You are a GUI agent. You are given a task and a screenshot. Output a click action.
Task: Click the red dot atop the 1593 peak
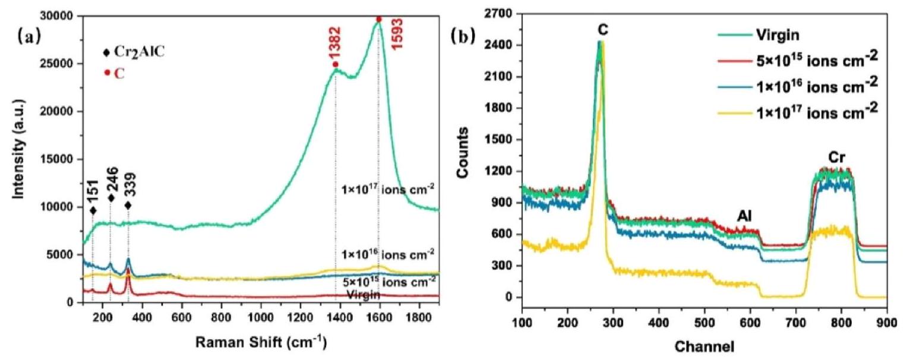point(379,19)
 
